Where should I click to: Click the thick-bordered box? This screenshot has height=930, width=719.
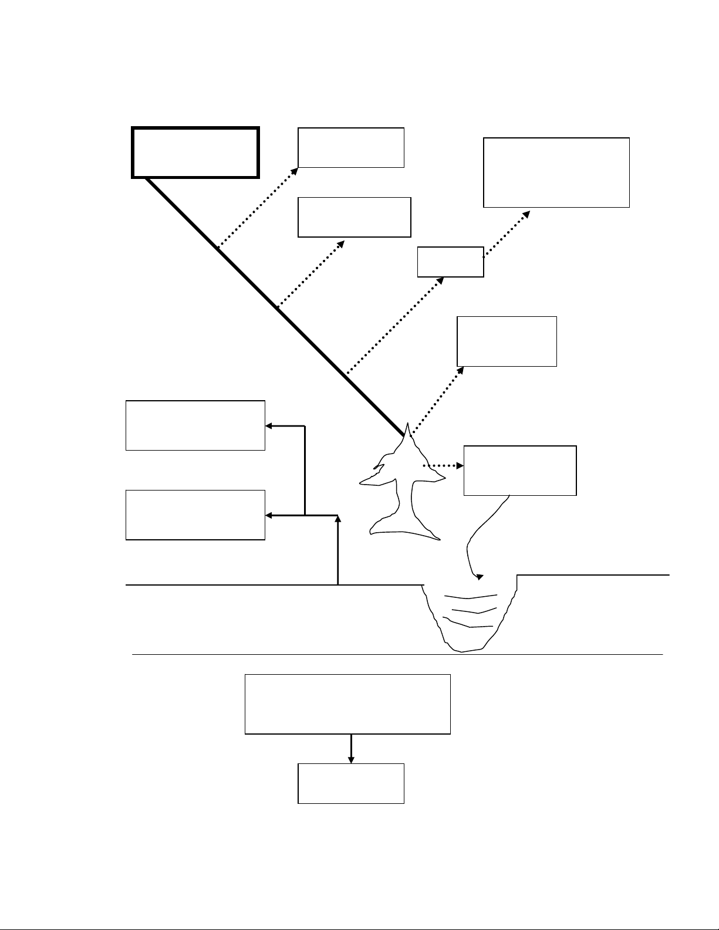click(x=195, y=152)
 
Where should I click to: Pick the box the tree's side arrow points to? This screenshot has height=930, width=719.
click(x=519, y=471)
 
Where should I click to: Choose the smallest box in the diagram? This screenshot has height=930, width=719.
click(x=450, y=262)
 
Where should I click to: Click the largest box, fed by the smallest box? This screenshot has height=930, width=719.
click(x=556, y=173)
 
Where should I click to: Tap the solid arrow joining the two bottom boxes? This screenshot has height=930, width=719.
click(x=351, y=748)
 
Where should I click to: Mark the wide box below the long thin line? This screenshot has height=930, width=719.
click(x=347, y=704)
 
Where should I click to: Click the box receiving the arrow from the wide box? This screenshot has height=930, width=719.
click(x=351, y=783)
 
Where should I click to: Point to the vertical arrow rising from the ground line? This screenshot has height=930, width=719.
click(x=337, y=552)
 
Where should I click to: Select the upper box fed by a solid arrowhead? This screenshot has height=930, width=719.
click(x=195, y=425)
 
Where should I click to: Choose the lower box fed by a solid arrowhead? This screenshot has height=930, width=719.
click(x=195, y=515)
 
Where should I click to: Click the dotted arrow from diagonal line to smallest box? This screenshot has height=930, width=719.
click(x=394, y=325)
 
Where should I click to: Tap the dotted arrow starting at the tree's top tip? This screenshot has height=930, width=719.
click(x=437, y=400)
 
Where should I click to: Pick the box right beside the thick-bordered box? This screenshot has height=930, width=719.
click(x=351, y=147)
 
